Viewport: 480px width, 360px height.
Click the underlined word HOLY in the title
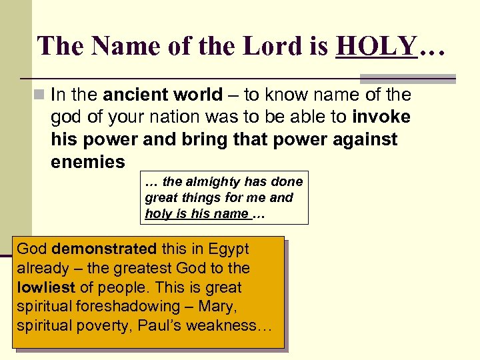point(377,46)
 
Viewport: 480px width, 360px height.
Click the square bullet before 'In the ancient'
point(41,95)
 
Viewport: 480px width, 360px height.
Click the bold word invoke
point(381,117)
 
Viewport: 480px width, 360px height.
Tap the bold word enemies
point(87,162)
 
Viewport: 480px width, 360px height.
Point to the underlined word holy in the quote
point(157,213)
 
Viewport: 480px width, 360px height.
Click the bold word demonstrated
point(104,249)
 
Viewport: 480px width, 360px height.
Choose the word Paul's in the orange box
point(182,326)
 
